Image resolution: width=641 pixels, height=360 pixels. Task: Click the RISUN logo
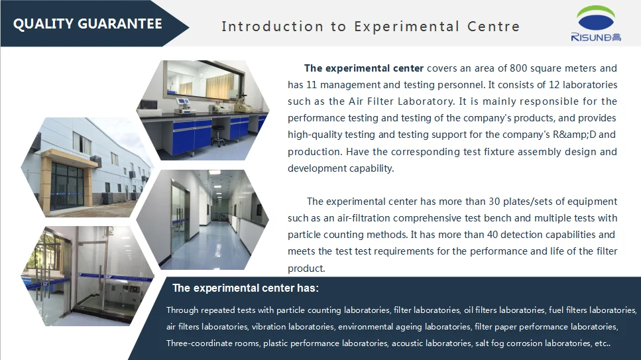596,23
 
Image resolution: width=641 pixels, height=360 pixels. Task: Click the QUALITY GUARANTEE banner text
87,24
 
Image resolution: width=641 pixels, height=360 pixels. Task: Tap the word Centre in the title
493,27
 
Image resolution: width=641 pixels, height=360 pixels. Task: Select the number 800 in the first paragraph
518,68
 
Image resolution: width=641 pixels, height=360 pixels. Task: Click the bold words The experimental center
364,68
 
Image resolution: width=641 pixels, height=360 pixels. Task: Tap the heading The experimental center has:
245,288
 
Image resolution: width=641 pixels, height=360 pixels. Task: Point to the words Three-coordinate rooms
213,343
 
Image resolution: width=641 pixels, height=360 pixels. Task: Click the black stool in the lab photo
218,135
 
